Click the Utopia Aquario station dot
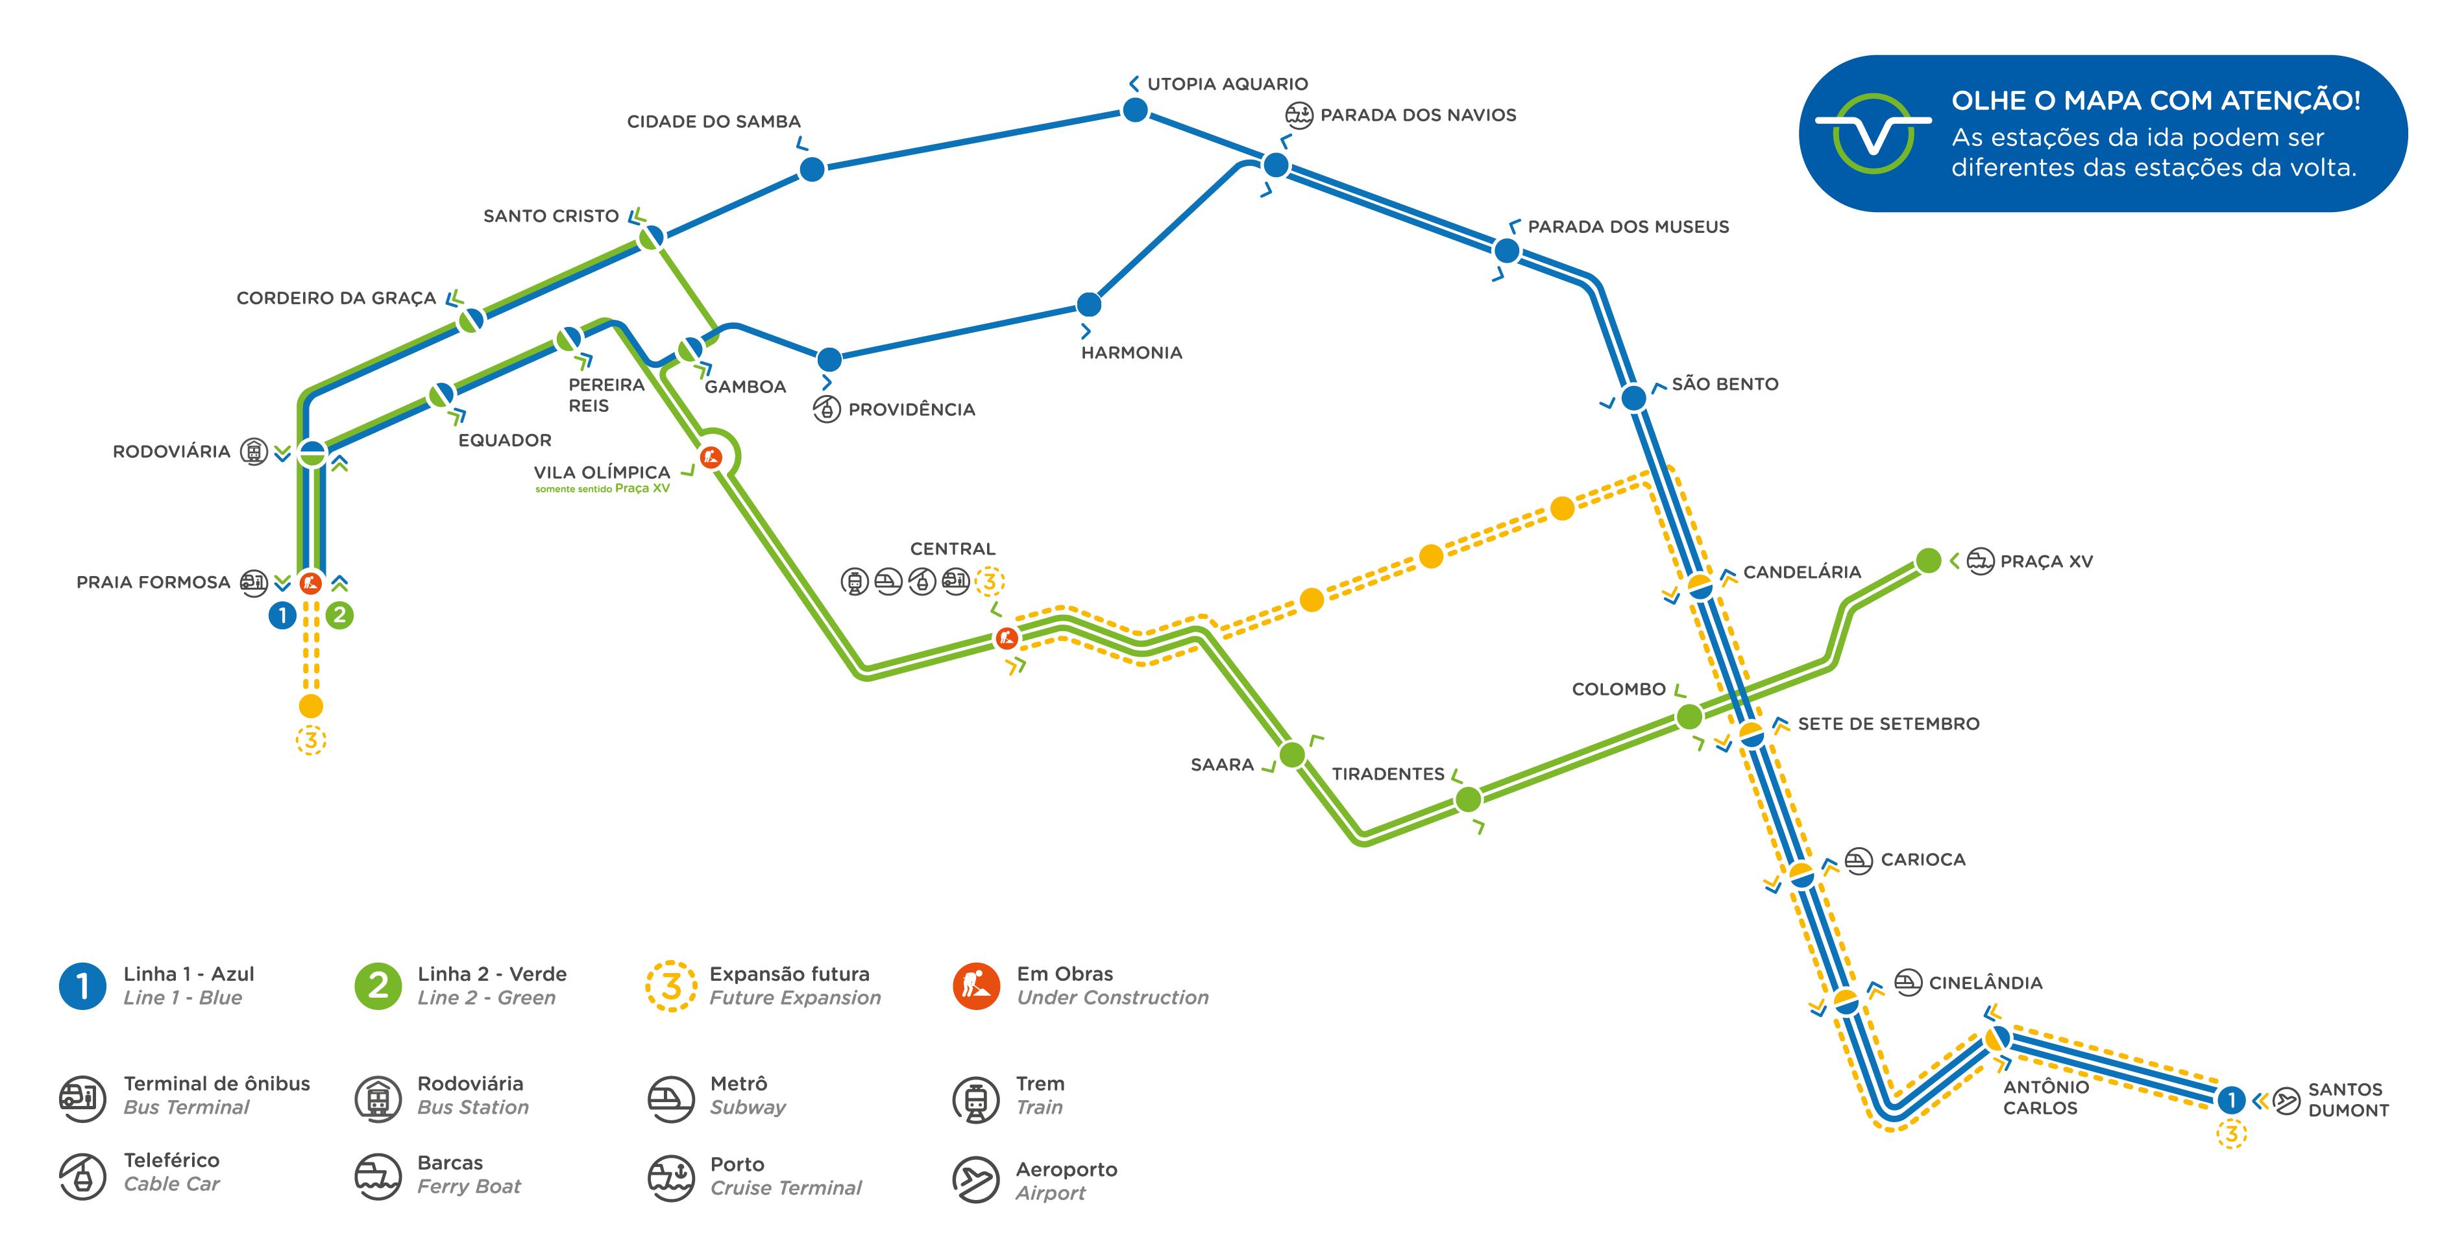point(1135,111)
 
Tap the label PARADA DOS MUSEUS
point(1628,226)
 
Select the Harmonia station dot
point(1089,304)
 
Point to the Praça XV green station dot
point(1928,561)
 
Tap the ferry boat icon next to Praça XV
point(1981,561)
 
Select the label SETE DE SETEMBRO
point(1888,724)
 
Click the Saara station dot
point(1292,754)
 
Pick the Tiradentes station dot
point(1467,800)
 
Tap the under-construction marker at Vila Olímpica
point(710,458)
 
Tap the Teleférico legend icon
point(82,1176)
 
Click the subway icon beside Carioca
point(1858,861)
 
